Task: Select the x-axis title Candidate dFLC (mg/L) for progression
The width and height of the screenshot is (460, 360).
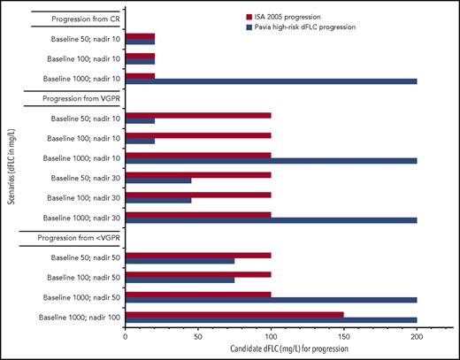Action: click(x=271, y=350)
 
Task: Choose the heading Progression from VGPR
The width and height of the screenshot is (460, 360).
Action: click(x=76, y=100)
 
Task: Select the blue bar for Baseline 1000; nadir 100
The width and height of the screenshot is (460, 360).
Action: click(x=271, y=320)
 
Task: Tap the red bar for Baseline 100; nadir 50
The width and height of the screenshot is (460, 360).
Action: click(x=198, y=275)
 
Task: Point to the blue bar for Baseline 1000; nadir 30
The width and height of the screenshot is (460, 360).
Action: click(x=271, y=220)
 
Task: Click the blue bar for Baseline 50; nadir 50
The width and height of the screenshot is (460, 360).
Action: click(x=184, y=261)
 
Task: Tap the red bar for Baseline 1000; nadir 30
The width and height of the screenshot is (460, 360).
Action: click(x=198, y=213)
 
